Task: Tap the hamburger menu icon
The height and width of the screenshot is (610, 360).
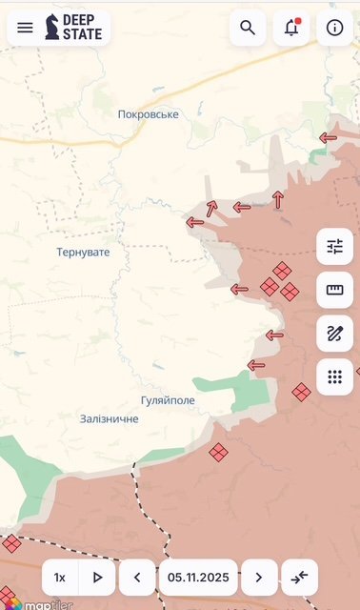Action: pyautogui.click(x=25, y=28)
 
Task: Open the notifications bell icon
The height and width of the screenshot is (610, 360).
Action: pyautogui.click(x=290, y=28)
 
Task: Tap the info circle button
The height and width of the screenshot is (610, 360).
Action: pyautogui.click(x=334, y=28)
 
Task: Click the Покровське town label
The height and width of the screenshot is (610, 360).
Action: pyautogui.click(x=149, y=114)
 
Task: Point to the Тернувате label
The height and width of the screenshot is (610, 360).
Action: pyautogui.click(x=83, y=253)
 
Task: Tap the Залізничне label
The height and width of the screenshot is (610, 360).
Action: pyautogui.click(x=110, y=418)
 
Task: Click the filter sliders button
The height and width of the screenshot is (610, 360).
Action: pyautogui.click(x=334, y=247)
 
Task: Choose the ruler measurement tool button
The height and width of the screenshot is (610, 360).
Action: pyautogui.click(x=334, y=290)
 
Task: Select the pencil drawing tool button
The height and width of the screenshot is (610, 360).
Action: pyautogui.click(x=334, y=334)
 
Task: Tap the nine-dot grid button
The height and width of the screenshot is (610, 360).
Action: pyautogui.click(x=334, y=376)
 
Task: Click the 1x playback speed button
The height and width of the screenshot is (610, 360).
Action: pyautogui.click(x=60, y=578)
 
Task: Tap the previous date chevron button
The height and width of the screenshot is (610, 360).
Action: pyautogui.click(x=137, y=578)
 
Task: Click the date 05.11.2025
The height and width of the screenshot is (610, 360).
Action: pyautogui.click(x=198, y=578)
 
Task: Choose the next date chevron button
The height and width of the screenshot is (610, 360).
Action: pyautogui.click(x=259, y=578)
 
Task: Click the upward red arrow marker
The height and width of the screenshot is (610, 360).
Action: pyautogui.click(x=278, y=199)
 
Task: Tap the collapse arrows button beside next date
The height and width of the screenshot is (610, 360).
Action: pyautogui.click(x=300, y=578)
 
